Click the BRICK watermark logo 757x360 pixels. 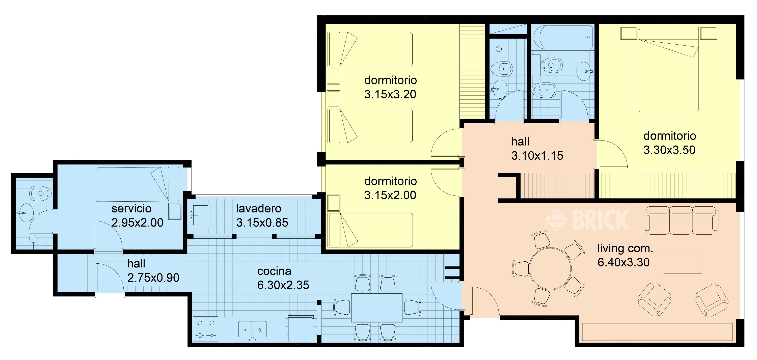[587, 219]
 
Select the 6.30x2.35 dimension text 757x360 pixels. [283, 285]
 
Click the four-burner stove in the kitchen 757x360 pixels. [205, 329]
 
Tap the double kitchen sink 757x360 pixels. [252, 330]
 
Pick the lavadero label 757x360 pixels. [259, 209]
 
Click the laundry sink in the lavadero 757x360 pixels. [199, 215]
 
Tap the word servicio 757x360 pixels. [131, 209]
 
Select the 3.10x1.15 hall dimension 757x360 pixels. [537, 156]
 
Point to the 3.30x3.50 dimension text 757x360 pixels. [669, 150]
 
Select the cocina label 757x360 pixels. [274, 271]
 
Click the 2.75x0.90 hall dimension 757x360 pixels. [153, 278]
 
